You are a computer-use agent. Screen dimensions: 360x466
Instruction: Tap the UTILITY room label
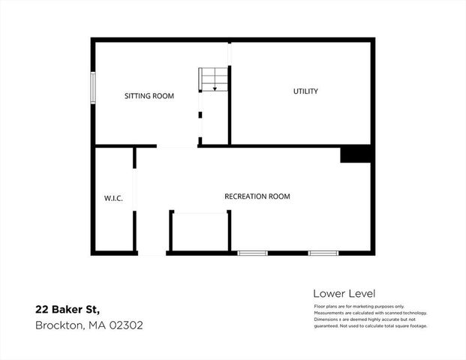[305, 91]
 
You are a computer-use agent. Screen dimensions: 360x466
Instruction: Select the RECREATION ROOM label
[257, 196]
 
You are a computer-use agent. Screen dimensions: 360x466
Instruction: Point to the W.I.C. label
[113, 198]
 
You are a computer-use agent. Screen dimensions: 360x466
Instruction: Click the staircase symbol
[212, 79]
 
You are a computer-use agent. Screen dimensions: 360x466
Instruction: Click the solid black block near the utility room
[356, 154]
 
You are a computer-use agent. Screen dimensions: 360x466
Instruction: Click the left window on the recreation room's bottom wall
[253, 253]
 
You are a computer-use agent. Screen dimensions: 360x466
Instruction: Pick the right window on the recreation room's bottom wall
[323, 253]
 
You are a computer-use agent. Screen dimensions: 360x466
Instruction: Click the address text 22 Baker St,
[67, 309]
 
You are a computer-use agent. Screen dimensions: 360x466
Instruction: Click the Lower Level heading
[344, 293]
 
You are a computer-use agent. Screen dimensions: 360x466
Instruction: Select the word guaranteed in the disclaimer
[329, 325]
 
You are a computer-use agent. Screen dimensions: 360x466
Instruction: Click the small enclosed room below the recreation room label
[200, 232]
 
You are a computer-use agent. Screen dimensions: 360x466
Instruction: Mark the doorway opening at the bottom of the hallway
[152, 253]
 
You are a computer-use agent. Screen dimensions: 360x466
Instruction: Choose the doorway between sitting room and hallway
[177, 145]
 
